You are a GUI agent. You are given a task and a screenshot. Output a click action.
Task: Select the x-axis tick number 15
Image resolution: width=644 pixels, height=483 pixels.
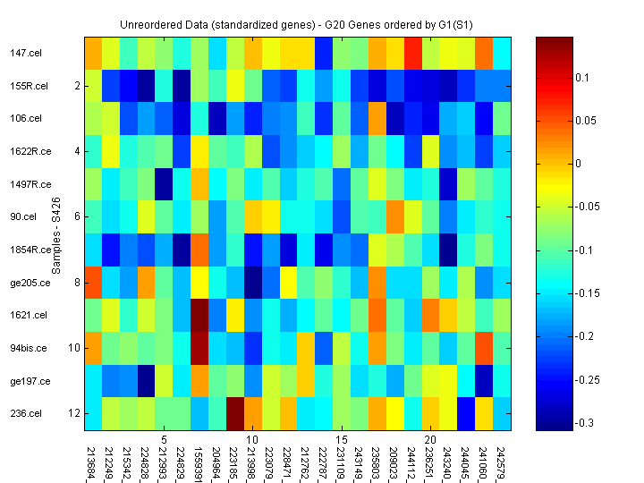pyautogui.click(x=341, y=441)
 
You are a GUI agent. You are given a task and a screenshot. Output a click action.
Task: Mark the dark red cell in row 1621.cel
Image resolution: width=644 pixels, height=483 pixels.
pyautogui.click(x=198, y=315)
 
